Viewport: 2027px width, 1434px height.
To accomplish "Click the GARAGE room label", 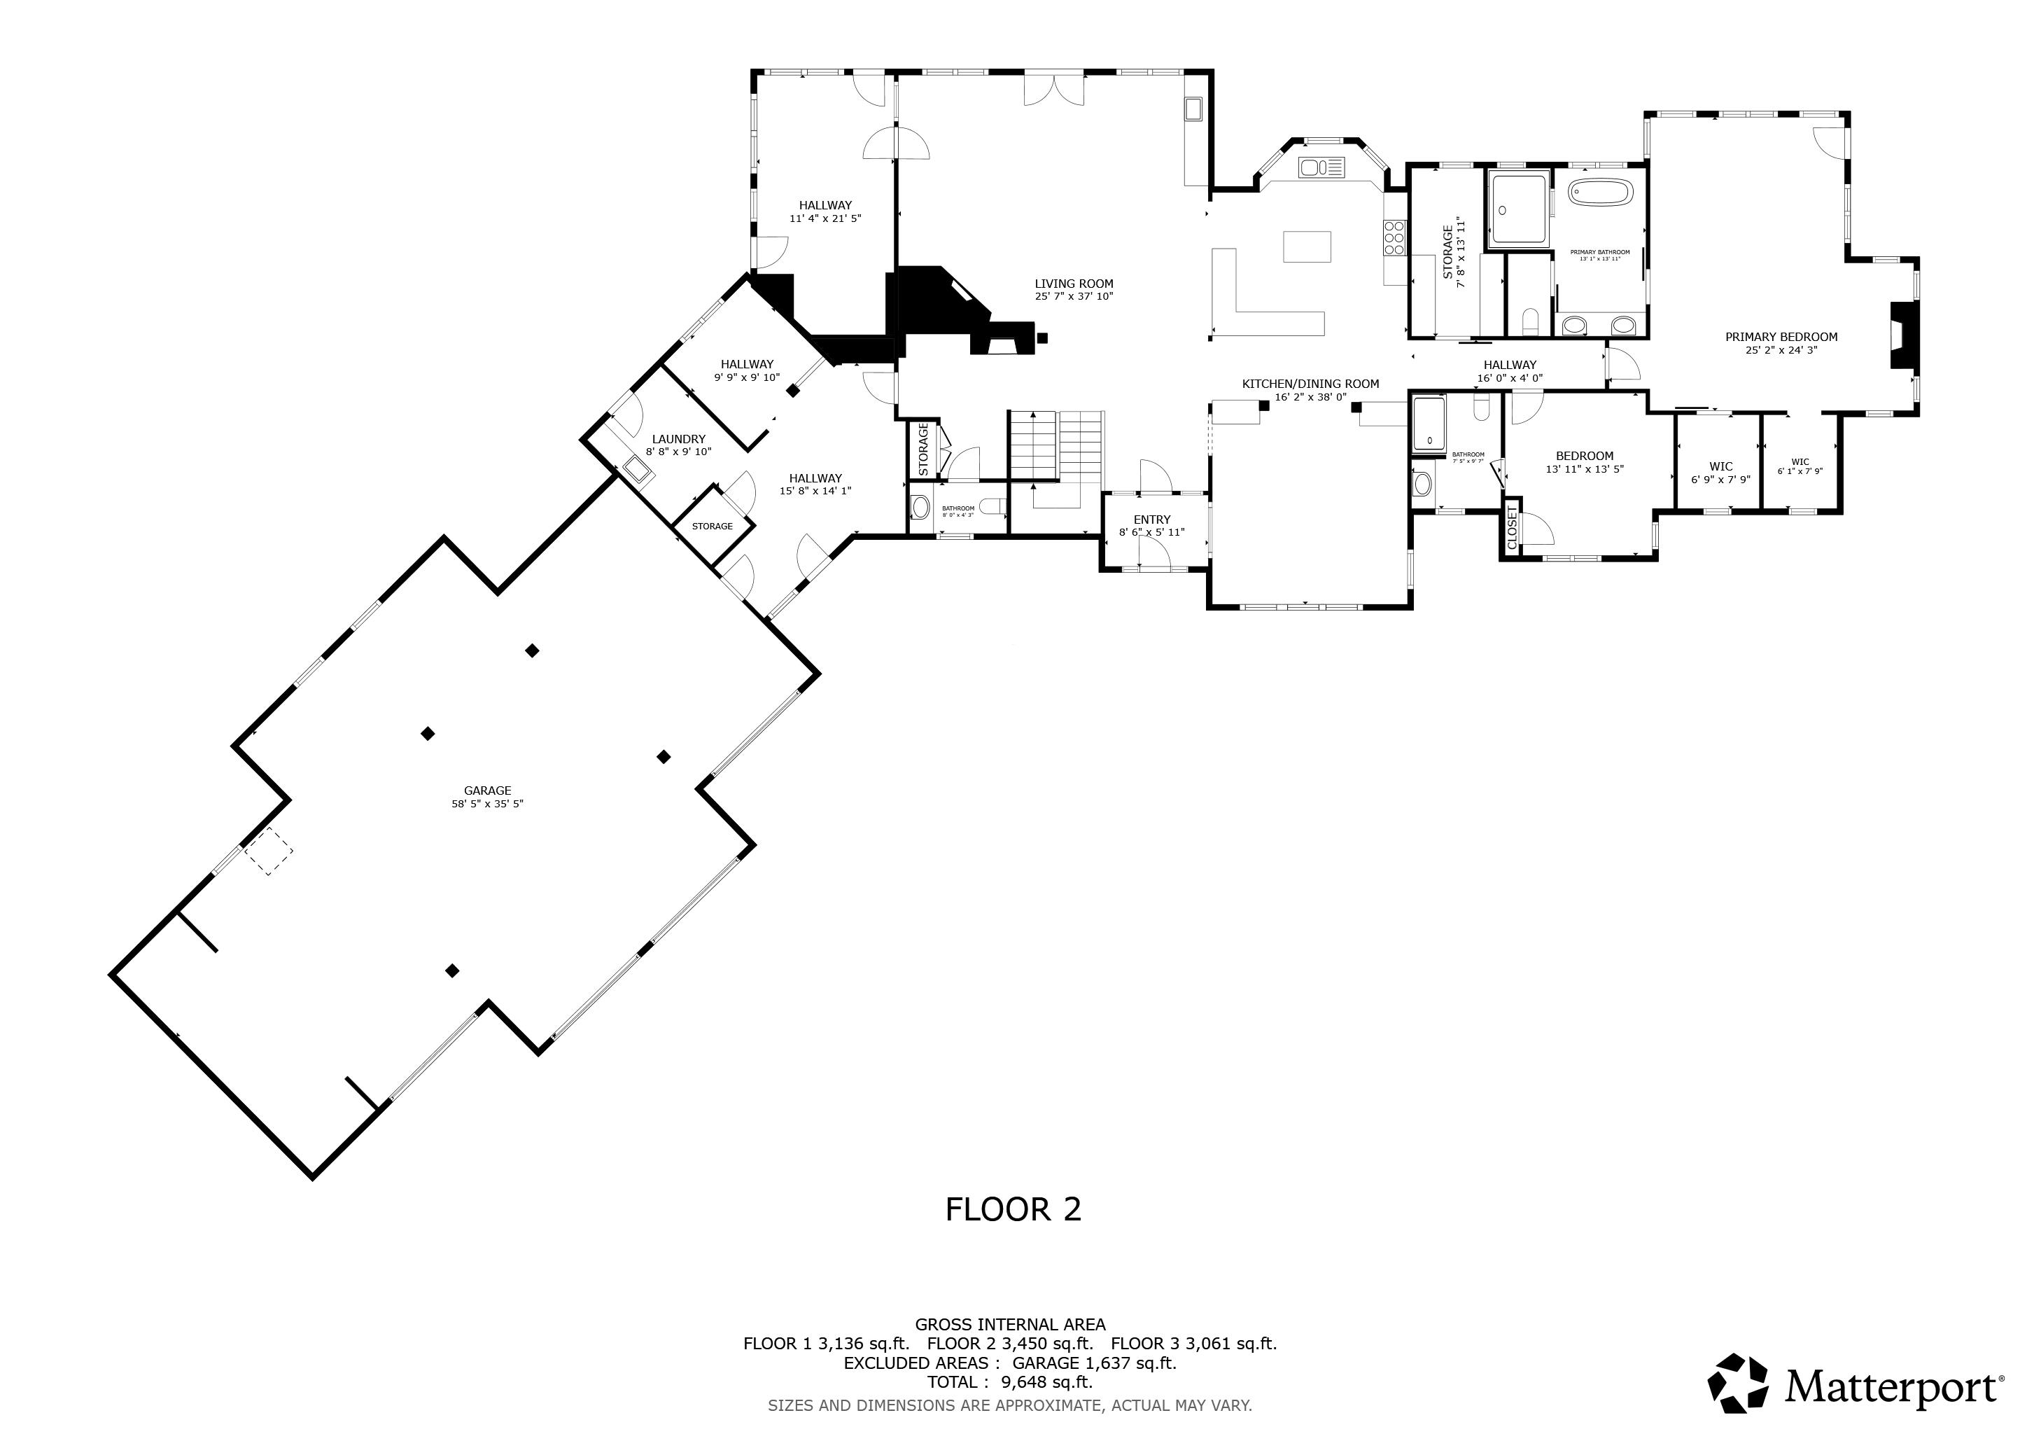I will (x=487, y=791).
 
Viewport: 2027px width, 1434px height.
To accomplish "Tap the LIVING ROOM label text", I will (x=1074, y=284).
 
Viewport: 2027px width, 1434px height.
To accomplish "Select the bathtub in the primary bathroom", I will (x=1601, y=193).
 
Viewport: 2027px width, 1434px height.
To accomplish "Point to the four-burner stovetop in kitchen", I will (x=1394, y=237).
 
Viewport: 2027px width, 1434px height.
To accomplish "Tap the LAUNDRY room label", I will (x=678, y=439).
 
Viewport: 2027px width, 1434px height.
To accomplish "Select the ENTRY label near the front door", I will (x=1151, y=520).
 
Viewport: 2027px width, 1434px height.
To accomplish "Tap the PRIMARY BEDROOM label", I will (x=1781, y=336).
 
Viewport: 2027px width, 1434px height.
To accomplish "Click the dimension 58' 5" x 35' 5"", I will (x=487, y=805).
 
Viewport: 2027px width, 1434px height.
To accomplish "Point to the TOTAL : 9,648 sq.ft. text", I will (x=1010, y=1382).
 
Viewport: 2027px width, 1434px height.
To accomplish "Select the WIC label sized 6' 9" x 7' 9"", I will (x=1720, y=466).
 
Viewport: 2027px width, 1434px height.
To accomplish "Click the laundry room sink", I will (x=638, y=470).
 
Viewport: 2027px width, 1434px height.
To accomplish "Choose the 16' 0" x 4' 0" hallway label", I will (x=1510, y=365).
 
